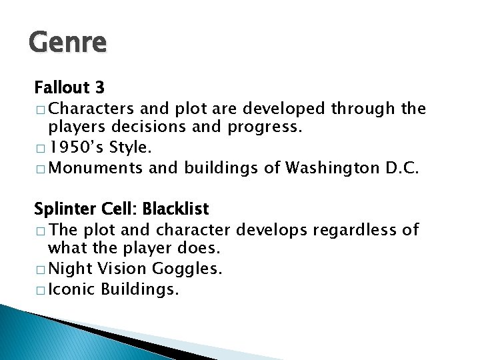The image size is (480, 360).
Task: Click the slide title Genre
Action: click(x=67, y=43)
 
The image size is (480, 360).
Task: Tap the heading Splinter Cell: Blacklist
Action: click(x=121, y=209)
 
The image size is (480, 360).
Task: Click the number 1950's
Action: click(x=73, y=146)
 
